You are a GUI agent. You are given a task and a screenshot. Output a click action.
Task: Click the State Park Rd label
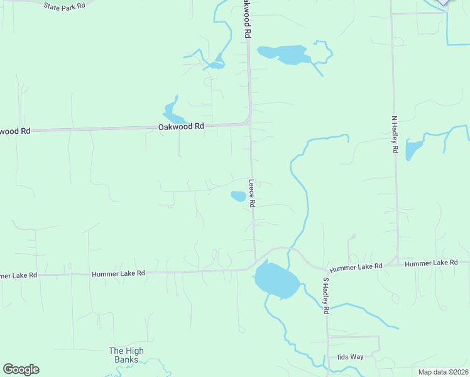pyautogui.click(x=65, y=6)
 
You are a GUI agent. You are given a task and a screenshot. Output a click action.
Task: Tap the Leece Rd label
pyautogui.click(x=251, y=194)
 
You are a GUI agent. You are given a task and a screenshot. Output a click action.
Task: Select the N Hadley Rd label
pyautogui.click(x=395, y=134)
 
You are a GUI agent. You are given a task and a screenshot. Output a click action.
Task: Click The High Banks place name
pyautogui.click(x=126, y=355)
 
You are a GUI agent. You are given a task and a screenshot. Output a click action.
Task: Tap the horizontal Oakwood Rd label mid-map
pyautogui.click(x=181, y=126)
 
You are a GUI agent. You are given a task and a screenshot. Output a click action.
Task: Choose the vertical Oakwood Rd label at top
pyautogui.click(x=248, y=20)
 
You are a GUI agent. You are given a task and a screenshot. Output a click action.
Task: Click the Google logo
pyautogui.click(x=21, y=369)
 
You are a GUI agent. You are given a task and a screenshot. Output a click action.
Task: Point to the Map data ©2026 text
pyautogui.click(x=443, y=372)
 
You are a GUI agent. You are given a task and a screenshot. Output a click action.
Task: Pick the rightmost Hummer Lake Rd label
pyautogui.click(x=431, y=263)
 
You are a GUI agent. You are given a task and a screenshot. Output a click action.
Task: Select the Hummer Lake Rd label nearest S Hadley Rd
pyautogui.click(x=356, y=267)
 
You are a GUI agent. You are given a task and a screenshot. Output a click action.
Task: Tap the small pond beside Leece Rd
pyautogui.click(x=238, y=196)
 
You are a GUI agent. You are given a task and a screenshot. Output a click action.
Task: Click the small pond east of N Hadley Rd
pyautogui.click(x=413, y=150)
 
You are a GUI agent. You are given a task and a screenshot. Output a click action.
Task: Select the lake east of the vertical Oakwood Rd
pyautogui.click(x=285, y=54)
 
